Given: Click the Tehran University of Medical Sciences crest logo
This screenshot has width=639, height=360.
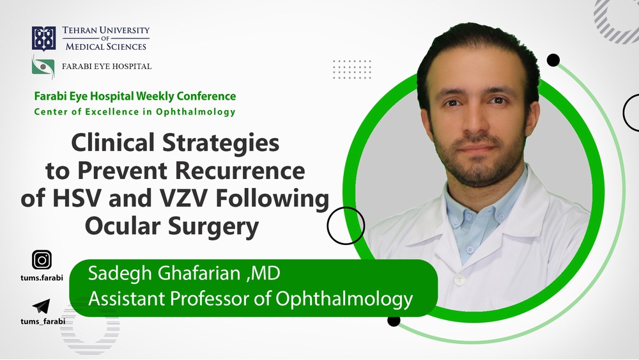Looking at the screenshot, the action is (43, 38).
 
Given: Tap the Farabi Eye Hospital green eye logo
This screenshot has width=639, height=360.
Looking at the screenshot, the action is (43, 66).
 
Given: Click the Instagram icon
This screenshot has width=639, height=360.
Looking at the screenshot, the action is (42, 260).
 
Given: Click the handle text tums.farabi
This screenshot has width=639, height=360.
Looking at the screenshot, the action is (42, 278).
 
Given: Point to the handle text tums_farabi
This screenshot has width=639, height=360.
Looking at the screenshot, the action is (43, 321).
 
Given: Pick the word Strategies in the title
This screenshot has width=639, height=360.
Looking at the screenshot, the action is (221, 143).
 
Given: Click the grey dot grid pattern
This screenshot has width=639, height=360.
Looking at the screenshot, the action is (351, 69).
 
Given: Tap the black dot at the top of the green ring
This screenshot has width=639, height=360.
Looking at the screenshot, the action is (553, 60).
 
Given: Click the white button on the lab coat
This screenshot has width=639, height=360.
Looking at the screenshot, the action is (459, 279).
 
